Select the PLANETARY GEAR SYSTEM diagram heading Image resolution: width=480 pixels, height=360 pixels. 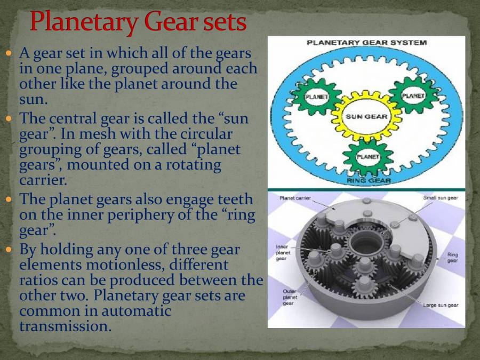pos(366,43)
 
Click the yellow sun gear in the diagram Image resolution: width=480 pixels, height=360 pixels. pos(366,116)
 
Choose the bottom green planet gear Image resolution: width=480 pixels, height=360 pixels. pos(367,157)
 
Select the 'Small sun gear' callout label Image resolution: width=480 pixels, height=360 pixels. pos(440,198)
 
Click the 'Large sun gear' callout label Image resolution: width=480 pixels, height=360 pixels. pos(441,305)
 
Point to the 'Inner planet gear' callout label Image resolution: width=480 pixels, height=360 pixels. pos(283,253)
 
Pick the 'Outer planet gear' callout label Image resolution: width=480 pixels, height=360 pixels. pos(290,297)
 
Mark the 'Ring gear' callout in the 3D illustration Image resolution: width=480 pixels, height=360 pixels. pos(452,258)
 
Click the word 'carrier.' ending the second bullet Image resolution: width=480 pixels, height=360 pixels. pos(41,180)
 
